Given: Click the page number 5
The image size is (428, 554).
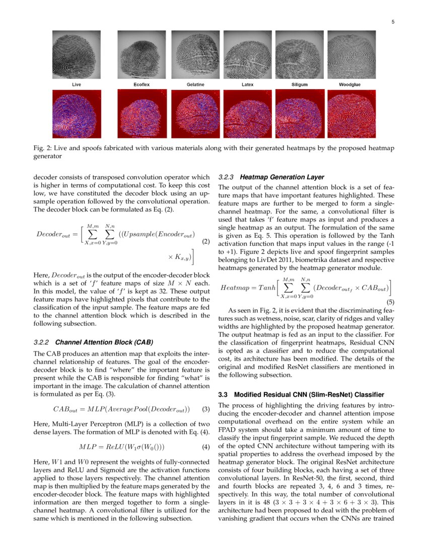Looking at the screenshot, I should [392, 22].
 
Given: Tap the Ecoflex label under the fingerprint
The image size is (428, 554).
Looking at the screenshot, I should [141, 85].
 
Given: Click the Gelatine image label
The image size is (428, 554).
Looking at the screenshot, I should [195, 85].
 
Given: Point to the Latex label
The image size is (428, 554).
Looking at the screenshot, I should [247, 85].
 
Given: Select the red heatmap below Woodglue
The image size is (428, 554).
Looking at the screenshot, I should [351, 114].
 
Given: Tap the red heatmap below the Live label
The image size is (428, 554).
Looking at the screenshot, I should [77, 114].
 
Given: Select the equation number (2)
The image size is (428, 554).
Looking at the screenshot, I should [205, 241].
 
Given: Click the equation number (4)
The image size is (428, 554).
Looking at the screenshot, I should [205, 447].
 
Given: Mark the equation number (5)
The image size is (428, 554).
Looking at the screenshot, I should [390, 302].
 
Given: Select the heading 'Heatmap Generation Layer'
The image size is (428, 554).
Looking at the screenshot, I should [282, 177].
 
